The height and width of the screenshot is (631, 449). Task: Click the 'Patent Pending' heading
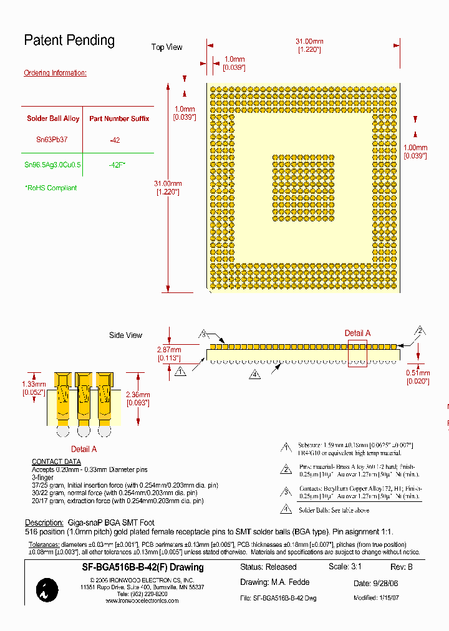[x=69, y=41]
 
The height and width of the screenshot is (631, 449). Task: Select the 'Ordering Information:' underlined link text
[x=55, y=73]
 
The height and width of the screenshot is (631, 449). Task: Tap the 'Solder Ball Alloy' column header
[x=53, y=118]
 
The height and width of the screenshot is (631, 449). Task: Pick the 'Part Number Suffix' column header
[x=119, y=118]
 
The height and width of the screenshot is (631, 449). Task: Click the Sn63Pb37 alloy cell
[x=52, y=140]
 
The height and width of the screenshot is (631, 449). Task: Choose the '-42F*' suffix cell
[x=117, y=165]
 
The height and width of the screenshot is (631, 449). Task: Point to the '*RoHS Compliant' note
[x=51, y=188]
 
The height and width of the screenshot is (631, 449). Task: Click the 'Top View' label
[x=167, y=47]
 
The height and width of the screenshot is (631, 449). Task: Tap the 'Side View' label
[x=125, y=335]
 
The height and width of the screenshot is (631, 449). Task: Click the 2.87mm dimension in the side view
[x=168, y=349]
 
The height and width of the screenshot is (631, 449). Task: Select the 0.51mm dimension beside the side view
[x=417, y=373]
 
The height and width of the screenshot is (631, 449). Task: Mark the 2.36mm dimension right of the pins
[x=138, y=395]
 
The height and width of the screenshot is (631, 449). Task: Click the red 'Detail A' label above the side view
[x=357, y=334]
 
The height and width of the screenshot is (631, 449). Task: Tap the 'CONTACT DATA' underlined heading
[x=56, y=462]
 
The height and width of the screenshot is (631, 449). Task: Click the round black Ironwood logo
[x=47, y=590]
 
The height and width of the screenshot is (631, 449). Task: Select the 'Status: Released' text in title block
[x=268, y=567]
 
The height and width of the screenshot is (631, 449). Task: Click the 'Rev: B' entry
[x=401, y=567]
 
